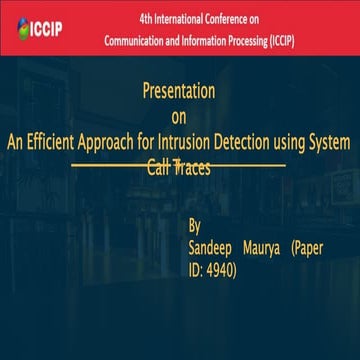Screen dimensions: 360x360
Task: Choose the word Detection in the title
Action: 274,142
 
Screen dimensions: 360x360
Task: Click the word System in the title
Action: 331,142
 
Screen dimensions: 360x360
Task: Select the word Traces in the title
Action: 192,167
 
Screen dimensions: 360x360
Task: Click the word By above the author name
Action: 195,225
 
